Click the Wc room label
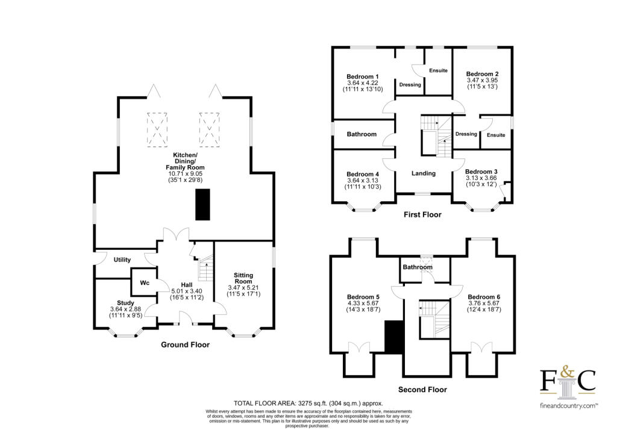(x=145, y=282)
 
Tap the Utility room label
(x=122, y=260)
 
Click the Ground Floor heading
(x=185, y=345)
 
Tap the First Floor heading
(x=423, y=214)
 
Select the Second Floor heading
(x=423, y=390)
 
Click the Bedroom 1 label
(x=363, y=76)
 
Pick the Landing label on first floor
(x=424, y=173)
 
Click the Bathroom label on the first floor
(x=362, y=134)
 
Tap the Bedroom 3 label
(x=481, y=171)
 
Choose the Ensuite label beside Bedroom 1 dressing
(x=438, y=70)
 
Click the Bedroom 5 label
(x=363, y=297)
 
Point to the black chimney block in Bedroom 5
(x=393, y=337)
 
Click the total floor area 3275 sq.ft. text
(x=308, y=403)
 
